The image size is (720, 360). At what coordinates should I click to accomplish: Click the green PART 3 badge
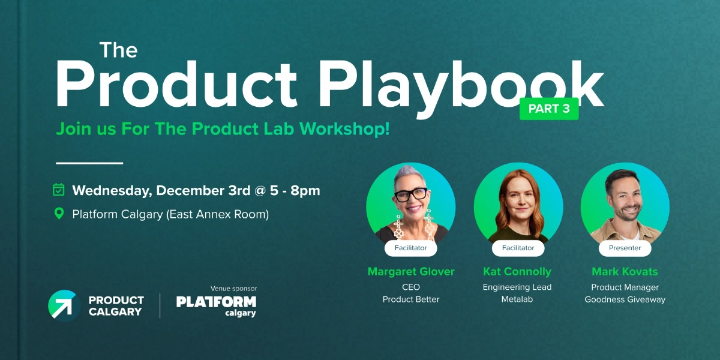coord(549,109)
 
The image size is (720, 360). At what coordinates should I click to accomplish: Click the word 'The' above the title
coord(118,50)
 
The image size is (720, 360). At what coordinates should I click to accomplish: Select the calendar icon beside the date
coord(59,190)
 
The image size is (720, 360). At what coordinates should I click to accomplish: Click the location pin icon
coord(59,214)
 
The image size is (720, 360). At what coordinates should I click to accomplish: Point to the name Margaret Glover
coord(411,271)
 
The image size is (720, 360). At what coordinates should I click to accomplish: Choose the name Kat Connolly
coord(517,271)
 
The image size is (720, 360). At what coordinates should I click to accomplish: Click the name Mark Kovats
coord(625,271)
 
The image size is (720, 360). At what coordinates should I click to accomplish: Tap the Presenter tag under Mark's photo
coord(625,248)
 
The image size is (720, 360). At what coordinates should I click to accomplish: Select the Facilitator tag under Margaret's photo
coord(411,248)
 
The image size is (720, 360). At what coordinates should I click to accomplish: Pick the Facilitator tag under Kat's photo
coord(517,248)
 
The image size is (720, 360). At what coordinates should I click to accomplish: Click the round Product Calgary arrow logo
coord(64,305)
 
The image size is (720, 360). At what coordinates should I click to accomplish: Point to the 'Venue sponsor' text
coord(233,289)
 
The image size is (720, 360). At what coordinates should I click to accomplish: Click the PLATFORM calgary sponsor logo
coord(216,305)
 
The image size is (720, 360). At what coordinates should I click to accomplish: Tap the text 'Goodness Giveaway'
coord(625,299)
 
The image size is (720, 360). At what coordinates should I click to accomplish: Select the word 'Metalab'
coord(517,299)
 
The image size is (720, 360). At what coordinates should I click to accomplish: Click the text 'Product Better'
coord(411,299)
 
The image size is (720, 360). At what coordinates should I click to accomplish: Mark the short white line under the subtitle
coord(89,163)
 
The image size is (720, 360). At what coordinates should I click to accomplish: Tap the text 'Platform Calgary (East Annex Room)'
coord(170,214)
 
